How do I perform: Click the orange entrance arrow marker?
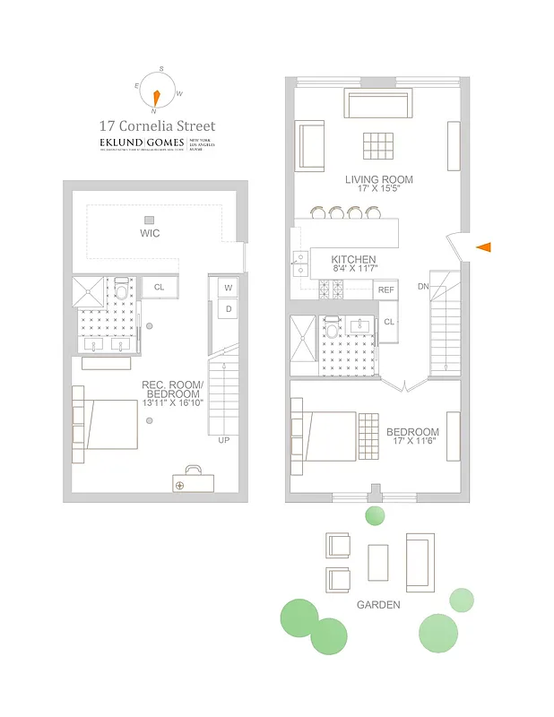tap(484, 246)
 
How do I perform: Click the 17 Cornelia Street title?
tap(157, 127)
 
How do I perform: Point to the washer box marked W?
tap(228, 288)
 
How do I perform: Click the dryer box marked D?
tap(228, 309)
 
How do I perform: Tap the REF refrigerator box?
tap(385, 289)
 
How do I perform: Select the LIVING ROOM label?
tap(379, 179)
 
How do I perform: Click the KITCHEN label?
tap(353, 258)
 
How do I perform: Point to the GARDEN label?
tap(378, 605)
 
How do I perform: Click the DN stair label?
tap(423, 287)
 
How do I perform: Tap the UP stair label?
tap(223, 440)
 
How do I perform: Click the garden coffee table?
tap(378, 561)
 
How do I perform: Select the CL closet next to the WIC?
tap(160, 287)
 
